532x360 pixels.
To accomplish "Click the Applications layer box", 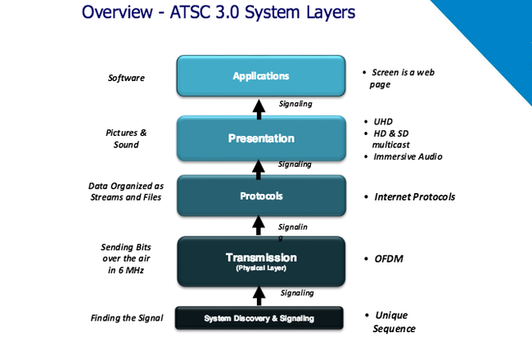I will point(260,77).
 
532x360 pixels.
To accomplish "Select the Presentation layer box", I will point(260,137).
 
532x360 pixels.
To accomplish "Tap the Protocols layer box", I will point(260,196).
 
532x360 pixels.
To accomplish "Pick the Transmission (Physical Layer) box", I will point(260,261).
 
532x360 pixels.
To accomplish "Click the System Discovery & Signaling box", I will point(260,317).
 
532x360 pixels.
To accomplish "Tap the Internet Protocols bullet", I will point(414,196).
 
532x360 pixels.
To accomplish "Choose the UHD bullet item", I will point(383,121).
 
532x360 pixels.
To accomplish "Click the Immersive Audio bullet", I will point(408,156).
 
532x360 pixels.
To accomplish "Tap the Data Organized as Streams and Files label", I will point(126,191).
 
